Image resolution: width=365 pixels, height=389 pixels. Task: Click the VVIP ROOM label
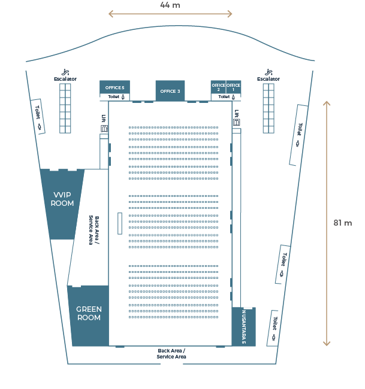63,199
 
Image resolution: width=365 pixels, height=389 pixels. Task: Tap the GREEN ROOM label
89,313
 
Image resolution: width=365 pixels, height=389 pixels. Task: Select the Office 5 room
114,88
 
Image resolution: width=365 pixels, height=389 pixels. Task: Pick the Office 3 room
170,91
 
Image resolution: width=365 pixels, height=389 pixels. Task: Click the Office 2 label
218,87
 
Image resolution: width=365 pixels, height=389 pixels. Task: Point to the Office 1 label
234,87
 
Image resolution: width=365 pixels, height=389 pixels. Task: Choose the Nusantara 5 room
244,327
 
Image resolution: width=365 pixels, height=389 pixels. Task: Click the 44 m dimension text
170,5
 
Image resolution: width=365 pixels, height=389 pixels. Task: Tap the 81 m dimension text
343,223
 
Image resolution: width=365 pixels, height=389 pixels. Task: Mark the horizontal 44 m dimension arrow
170,14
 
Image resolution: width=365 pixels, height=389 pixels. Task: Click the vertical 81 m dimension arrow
327,223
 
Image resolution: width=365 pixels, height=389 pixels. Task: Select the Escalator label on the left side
65,79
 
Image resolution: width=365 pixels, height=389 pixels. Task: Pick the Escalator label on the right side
269,79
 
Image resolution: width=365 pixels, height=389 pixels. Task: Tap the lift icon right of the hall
237,121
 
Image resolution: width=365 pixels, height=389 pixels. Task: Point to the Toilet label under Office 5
114,97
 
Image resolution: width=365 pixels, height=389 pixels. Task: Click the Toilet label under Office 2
225,97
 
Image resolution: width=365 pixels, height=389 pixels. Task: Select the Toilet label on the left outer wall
38,115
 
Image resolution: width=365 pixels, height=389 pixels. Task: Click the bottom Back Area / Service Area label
171,354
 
